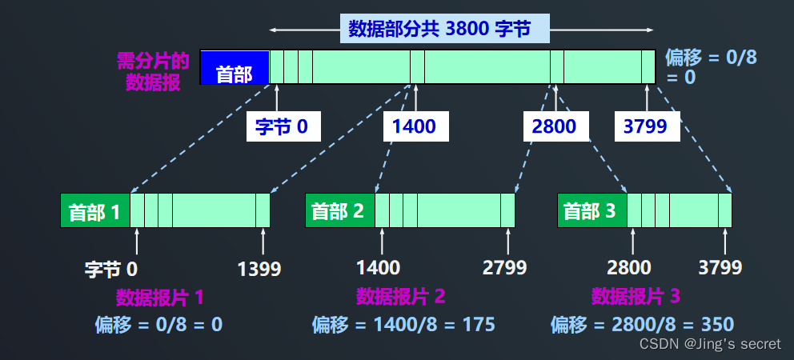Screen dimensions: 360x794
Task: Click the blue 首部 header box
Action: click(x=235, y=66)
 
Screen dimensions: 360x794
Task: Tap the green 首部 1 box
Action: click(x=95, y=211)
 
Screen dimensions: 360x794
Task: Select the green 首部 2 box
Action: click(x=339, y=211)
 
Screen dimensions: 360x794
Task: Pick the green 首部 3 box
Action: click(x=591, y=211)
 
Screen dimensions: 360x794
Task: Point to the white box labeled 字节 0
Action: click(x=283, y=126)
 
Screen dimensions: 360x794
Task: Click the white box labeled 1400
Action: click(x=415, y=126)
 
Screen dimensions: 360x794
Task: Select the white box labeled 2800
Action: click(x=556, y=126)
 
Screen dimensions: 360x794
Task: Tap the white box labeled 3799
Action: click(x=648, y=126)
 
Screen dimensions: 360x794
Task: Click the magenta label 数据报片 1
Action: click(x=160, y=298)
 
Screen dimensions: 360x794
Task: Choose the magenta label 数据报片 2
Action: click(x=400, y=297)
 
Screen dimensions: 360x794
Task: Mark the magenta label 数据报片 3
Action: click(x=636, y=297)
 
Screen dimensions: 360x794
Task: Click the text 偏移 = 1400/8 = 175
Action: click(x=403, y=324)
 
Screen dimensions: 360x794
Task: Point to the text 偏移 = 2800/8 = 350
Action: click(x=642, y=324)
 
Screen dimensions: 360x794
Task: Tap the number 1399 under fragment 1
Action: click(x=259, y=268)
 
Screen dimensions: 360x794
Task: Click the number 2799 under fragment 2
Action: click(x=504, y=267)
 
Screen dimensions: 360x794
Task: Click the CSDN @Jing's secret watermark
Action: click(x=710, y=344)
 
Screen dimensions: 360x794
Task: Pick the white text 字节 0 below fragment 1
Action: click(x=111, y=268)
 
